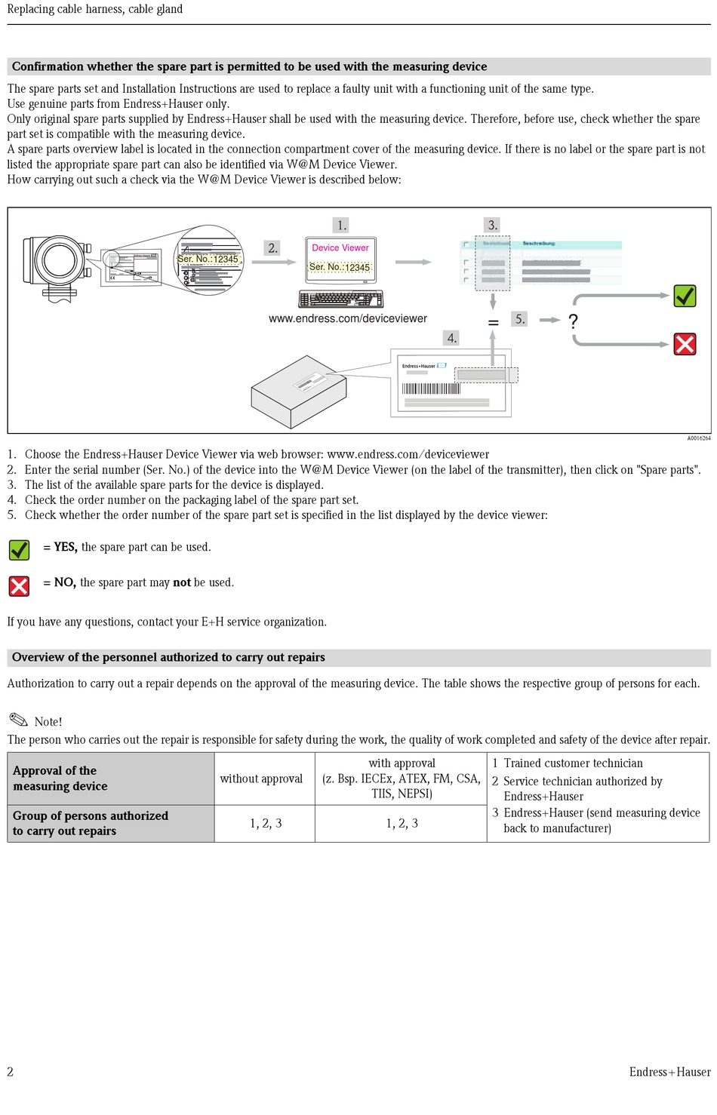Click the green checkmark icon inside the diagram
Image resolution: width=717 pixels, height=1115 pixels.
pos(685,296)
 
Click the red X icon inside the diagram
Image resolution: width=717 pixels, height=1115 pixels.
pos(685,345)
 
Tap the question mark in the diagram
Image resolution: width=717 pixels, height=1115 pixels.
pos(574,321)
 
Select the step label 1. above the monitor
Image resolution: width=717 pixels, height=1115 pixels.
pos(342,225)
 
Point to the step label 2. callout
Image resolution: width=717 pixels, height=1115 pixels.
pos(272,247)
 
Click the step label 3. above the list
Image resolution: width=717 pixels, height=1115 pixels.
pos(492,225)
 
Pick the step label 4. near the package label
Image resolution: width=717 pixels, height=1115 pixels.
pos(451,338)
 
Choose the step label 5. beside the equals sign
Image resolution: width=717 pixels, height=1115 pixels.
pos(520,319)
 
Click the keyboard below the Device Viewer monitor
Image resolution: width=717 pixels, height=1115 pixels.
pos(340,299)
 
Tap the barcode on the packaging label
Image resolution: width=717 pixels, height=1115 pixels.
pos(430,389)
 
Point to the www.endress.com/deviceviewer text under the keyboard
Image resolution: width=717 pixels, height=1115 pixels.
pos(348,318)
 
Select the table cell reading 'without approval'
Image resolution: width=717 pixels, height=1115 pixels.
pos(261,779)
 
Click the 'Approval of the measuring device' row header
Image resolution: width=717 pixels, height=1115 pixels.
pos(60,779)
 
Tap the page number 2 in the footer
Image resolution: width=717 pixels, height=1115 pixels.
pos(11,1071)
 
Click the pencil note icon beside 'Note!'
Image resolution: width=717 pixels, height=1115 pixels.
pos(18,720)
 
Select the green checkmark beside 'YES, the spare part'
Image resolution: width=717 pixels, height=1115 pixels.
pos(19,549)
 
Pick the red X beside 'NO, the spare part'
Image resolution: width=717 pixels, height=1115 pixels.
pos(19,585)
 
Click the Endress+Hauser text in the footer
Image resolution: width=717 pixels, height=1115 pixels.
pos(669,1071)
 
